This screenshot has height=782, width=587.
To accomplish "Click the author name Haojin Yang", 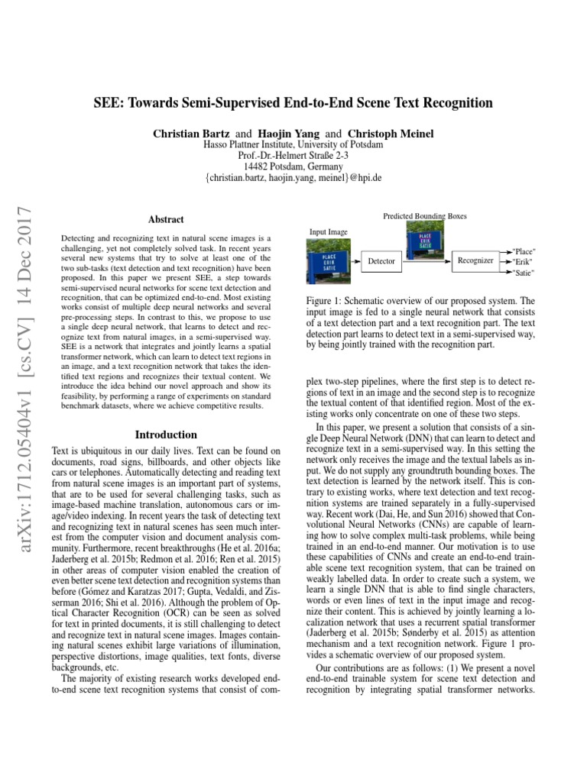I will click(x=290, y=134).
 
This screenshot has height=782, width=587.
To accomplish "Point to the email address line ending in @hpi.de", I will click(x=293, y=177).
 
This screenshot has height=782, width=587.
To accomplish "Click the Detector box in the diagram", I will click(x=381, y=260).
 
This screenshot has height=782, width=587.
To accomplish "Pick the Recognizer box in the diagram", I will click(x=476, y=260).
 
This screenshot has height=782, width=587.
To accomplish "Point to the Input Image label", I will click(x=328, y=231).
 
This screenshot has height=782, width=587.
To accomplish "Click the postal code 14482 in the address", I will click(x=258, y=166).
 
